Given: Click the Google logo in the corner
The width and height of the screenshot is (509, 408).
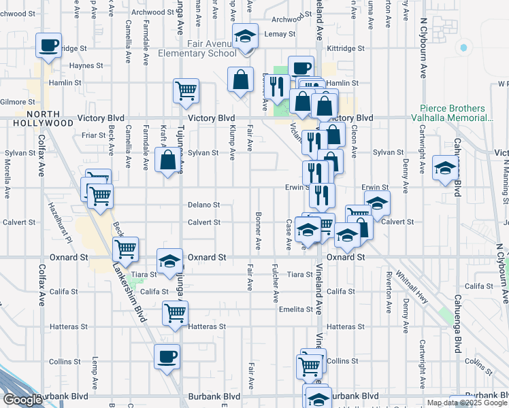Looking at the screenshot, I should [x=22, y=400].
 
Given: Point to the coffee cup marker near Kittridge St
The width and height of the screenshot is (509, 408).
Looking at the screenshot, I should [x=48, y=46].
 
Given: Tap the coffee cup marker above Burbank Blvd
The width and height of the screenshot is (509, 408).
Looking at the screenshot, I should [x=167, y=356].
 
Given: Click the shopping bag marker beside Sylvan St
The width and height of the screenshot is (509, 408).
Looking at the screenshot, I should [x=167, y=161].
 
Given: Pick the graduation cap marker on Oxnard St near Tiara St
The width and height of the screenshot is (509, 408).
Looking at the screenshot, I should [x=170, y=261].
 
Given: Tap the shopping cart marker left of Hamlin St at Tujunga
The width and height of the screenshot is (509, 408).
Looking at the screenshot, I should [x=186, y=90].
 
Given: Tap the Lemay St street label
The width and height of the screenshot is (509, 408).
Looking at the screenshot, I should [x=281, y=33].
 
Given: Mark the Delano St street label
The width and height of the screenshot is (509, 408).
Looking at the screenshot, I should [x=204, y=205].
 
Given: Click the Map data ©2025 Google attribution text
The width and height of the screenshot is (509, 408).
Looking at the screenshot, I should [x=467, y=403].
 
